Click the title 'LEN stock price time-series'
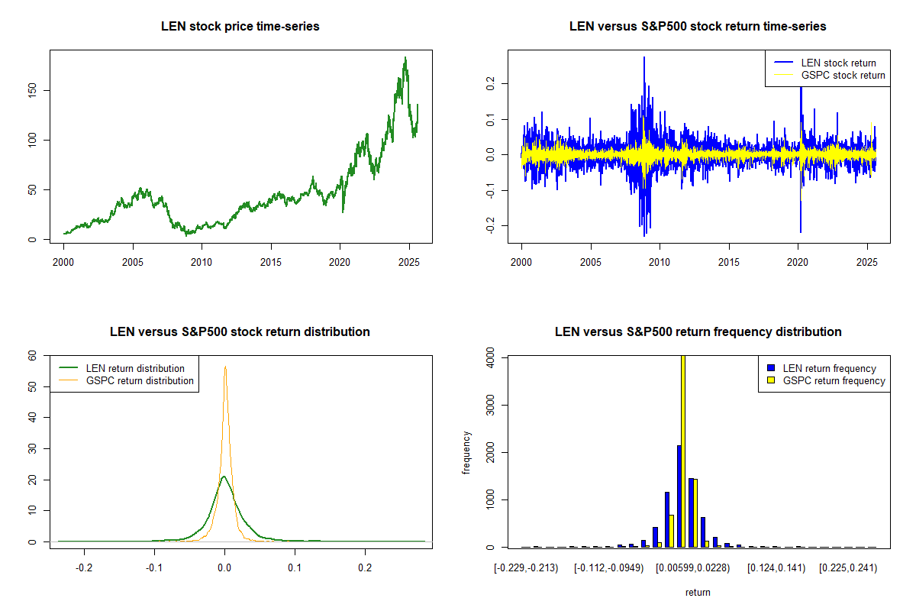[x=240, y=27]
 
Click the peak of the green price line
[x=405, y=57]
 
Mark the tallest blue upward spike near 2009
[x=643, y=57]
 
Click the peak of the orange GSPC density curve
[x=225, y=367]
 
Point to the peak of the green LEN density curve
[x=224, y=477]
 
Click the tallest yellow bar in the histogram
[x=683, y=451]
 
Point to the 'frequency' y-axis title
[x=467, y=452]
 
